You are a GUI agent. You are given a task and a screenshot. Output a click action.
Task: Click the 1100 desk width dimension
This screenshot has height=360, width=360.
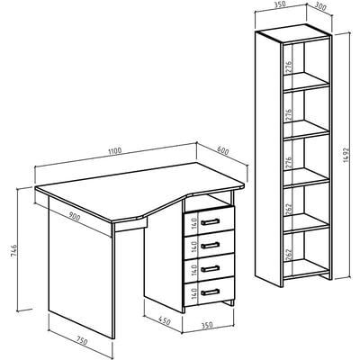pos(115,150)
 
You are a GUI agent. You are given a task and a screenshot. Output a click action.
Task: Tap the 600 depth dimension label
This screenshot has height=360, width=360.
pos(222,151)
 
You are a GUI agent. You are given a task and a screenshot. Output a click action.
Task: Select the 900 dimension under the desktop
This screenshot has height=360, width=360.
pos(75,216)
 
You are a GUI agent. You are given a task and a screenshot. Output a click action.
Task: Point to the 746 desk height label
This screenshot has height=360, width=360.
pos(14,250)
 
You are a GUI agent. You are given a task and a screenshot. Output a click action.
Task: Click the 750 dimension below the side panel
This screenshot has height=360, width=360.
pos(81,341)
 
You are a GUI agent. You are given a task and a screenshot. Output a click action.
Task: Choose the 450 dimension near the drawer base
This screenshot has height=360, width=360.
pos(164,321)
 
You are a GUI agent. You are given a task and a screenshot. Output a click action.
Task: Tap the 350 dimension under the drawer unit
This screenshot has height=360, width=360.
pos(206,325)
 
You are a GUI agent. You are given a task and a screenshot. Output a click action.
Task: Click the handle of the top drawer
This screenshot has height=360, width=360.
pos(211,222)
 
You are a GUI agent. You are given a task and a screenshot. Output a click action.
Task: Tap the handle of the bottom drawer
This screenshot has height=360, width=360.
pos(211,292)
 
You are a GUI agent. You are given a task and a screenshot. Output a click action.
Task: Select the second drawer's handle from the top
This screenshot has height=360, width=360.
pos(211,246)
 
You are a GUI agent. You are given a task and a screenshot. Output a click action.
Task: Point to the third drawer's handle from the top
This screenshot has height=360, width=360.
pos(211,269)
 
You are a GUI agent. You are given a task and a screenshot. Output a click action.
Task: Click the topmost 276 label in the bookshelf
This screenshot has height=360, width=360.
pos(288,67)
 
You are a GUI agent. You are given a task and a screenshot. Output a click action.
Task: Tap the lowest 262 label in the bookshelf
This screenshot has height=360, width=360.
pos(288,255)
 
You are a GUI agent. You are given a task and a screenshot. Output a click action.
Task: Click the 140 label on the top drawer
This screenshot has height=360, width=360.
pos(193,223)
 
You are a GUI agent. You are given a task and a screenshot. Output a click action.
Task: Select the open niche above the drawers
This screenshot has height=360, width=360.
pos(207,202)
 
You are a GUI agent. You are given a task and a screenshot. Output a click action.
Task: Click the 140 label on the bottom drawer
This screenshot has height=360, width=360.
pos(193,292)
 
